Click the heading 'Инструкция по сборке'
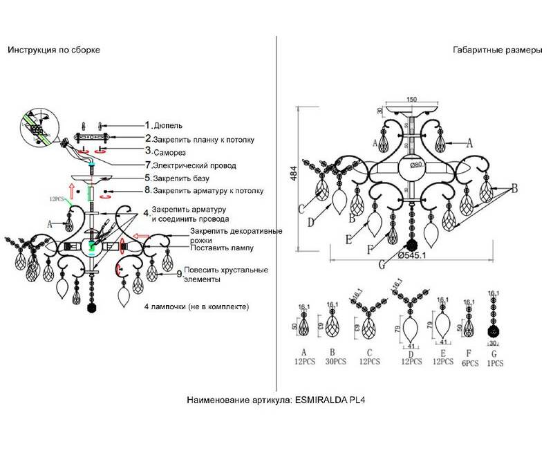coord(54,50)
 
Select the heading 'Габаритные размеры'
coord(493,50)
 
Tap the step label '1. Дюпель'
coord(165,126)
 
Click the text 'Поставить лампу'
coord(223,247)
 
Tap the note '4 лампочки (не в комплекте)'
coord(196,306)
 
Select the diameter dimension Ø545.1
coord(419,255)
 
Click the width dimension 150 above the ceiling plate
coord(411,100)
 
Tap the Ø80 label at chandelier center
coord(415,165)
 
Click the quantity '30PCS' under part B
coord(333,362)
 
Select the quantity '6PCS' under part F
coord(469,362)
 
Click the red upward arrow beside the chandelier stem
coord(71,190)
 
